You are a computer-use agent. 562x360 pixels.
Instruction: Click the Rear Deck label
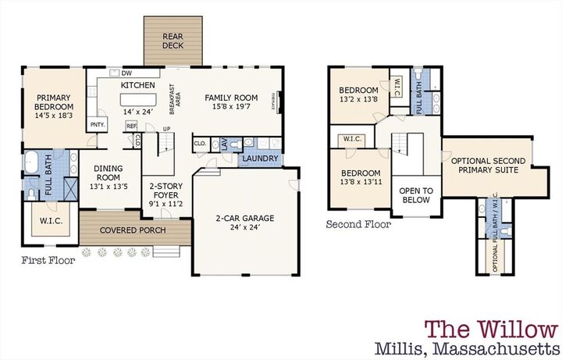coord(173,41)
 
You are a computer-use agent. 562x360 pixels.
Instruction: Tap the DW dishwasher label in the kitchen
coord(126,73)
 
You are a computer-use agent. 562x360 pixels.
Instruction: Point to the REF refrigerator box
coord(131,125)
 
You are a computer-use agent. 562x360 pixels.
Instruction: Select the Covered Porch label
coord(135,231)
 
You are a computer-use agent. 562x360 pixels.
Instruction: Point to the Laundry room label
coord(257,159)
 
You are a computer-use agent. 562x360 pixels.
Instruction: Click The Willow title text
coord(489,329)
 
